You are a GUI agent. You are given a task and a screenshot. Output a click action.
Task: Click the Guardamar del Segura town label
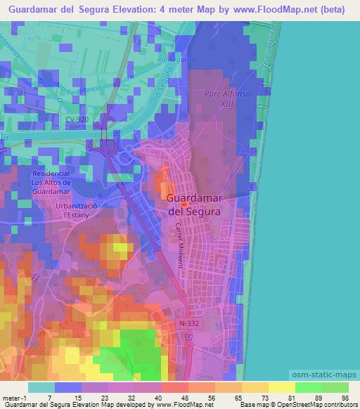(x=194, y=204)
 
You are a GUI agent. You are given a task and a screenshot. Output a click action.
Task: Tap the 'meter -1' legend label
(x=14, y=398)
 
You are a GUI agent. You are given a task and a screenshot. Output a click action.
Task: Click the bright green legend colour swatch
(x=309, y=387)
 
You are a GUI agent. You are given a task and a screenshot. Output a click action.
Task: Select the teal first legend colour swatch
(x=43, y=387)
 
